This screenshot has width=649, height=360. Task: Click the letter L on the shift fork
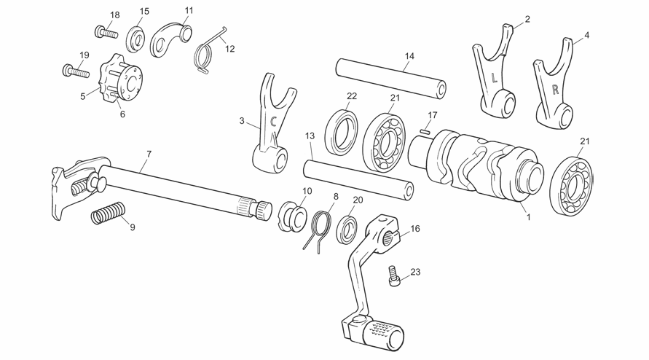click(x=494, y=77)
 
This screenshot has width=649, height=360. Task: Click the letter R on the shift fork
click(x=556, y=89)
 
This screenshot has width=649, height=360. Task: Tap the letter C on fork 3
click(x=272, y=121)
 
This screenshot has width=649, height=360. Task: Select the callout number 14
click(x=409, y=55)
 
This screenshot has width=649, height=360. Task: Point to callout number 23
click(x=415, y=272)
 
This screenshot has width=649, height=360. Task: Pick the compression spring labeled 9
click(x=108, y=213)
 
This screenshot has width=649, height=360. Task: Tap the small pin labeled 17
click(x=424, y=131)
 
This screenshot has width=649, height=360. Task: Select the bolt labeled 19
click(x=76, y=71)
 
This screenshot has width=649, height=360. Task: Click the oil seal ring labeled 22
click(x=341, y=132)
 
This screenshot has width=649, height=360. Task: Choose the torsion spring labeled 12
click(x=208, y=52)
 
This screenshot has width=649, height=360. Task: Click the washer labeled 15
click(x=135, y=39)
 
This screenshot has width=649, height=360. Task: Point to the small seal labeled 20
click(x=347, y=228)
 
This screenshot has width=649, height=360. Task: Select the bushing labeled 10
click(x=292, y=216)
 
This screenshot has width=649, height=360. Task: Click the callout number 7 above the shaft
click(x=149, y=154)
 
